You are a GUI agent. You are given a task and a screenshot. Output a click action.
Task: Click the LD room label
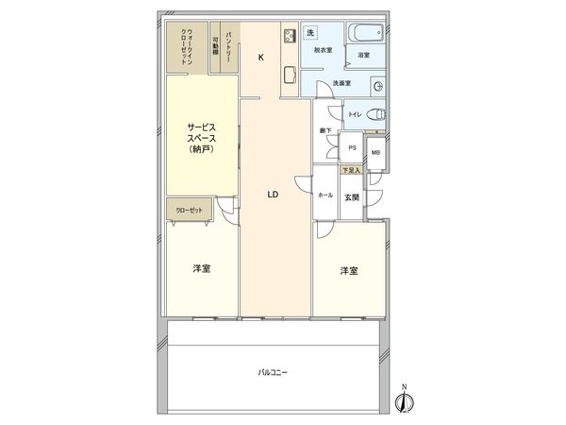click(x=273, y=195)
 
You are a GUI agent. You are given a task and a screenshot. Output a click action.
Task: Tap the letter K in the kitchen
click(x=260, y=57)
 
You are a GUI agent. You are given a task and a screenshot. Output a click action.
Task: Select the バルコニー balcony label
click(x=273, y=371)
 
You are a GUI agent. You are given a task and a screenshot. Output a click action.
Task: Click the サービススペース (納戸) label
click(x=201, y=137)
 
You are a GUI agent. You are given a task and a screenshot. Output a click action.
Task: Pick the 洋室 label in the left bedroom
click(x=201, y=269)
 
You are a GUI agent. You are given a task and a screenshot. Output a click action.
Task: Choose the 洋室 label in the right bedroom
click(x=349, y=271)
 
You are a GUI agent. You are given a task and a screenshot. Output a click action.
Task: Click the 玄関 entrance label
click(x=352, y=195)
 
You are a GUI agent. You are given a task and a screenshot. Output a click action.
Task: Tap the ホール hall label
click(x=325, y=195)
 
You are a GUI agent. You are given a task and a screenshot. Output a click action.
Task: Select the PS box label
click(x=351, y=148)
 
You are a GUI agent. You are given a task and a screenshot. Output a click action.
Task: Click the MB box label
click(x=375, y=153)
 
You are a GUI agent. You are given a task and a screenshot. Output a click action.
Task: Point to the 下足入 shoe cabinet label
click(x=351, y=170)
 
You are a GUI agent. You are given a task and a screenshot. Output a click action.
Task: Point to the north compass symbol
click(x=404, y=400)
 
